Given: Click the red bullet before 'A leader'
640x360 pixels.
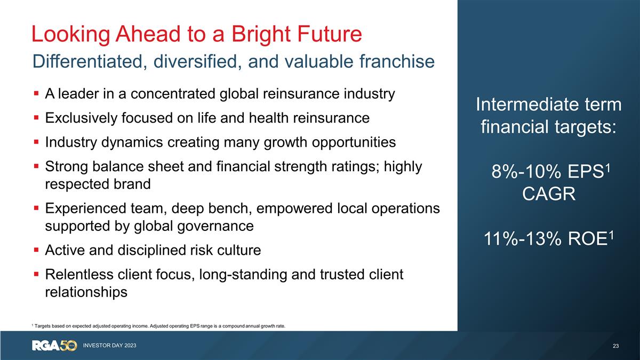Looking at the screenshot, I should (x=36, y=94).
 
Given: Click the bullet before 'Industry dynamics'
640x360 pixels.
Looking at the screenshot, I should (x=36, y=143).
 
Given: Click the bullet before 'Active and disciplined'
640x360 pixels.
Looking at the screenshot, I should (x=36, y=250).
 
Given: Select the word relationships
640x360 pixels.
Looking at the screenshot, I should (x=86, y=292).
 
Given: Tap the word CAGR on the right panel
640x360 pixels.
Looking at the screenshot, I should (x=548, y=194).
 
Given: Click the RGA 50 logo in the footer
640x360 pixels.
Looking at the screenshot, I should (x=54, y=346).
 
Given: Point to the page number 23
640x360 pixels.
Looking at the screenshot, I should (x=615, y=346).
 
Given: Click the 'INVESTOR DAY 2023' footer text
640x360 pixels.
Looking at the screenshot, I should (x=109, y=346).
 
